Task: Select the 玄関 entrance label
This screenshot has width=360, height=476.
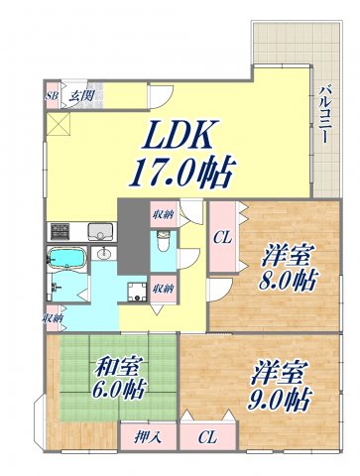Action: tap(80, 96)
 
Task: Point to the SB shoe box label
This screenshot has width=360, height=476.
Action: tap(52, 96)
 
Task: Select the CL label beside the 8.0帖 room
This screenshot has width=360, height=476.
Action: tap(223, 236)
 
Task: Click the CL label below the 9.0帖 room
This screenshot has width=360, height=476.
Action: tap(207, 436)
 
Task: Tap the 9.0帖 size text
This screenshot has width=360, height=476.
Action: tap(279, 402)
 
